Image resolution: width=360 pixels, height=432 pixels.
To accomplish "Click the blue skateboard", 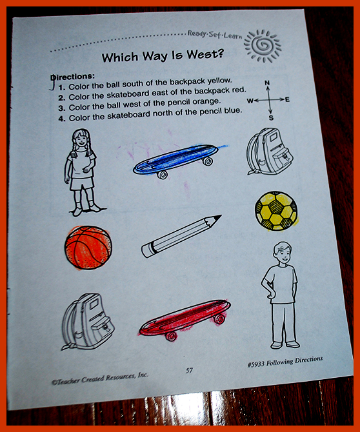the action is (176, 161).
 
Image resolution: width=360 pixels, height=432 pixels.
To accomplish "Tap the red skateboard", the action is (185, 320).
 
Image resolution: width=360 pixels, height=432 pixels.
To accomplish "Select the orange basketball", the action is (88, 248).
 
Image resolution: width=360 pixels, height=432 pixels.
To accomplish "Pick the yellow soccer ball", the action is (276, 211).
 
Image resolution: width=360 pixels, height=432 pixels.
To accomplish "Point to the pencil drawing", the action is (181, 237).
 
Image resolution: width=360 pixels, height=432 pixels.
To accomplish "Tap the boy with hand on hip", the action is (280, 295).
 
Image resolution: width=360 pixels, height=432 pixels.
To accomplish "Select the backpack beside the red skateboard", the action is (87, 322).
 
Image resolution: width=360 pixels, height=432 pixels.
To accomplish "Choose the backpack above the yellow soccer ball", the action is (269, 152).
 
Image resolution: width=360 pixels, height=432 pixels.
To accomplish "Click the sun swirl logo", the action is (262, 46).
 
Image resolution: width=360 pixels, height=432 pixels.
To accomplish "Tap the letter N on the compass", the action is (267, 83).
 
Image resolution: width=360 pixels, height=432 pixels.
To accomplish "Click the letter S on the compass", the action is (271, 118).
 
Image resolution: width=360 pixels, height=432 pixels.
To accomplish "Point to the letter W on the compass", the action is (250, 101).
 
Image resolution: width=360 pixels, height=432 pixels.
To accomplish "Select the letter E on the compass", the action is (287, 99).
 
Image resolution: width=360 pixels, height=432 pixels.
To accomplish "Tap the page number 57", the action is (189, 370).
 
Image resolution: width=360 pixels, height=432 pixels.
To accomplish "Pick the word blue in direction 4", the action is (233, 111).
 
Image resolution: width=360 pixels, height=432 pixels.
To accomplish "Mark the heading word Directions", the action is (73, 76).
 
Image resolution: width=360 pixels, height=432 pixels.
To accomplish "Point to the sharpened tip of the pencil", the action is (220, 216).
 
